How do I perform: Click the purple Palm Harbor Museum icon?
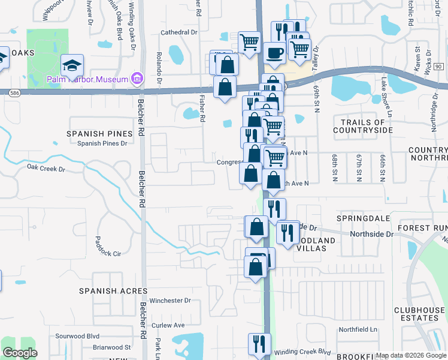pos(137,79)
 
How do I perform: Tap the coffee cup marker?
pos(274,53)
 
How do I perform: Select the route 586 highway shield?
pos(13,92)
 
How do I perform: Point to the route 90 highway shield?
pos(438,66)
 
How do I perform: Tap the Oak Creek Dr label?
pos(46,169)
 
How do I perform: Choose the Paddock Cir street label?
pos(108,245)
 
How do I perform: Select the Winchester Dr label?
pos(170,301)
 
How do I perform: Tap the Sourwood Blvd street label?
pos(77,337)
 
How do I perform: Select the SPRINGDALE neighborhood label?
pos(359,217)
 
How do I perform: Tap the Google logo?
pos(20,353)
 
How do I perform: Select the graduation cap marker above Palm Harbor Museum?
pos(72,64)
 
